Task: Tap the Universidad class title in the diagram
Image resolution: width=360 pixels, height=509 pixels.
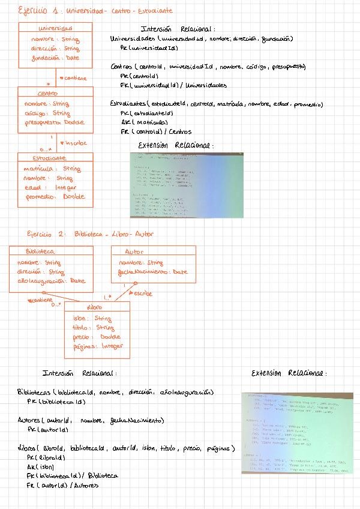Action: coord(55,28)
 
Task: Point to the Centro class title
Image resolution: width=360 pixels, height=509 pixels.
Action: coord(47,93)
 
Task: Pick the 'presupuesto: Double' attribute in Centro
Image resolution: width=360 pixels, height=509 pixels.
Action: coord(55,122)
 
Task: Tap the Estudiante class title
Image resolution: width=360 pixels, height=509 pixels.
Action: coord(50,158)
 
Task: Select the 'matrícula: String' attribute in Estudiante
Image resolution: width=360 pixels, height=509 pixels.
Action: coord(52,169)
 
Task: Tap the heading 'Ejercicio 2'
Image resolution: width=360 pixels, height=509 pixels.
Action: coord(45,233)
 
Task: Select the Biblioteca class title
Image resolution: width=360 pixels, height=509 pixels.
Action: coord(41,252)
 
